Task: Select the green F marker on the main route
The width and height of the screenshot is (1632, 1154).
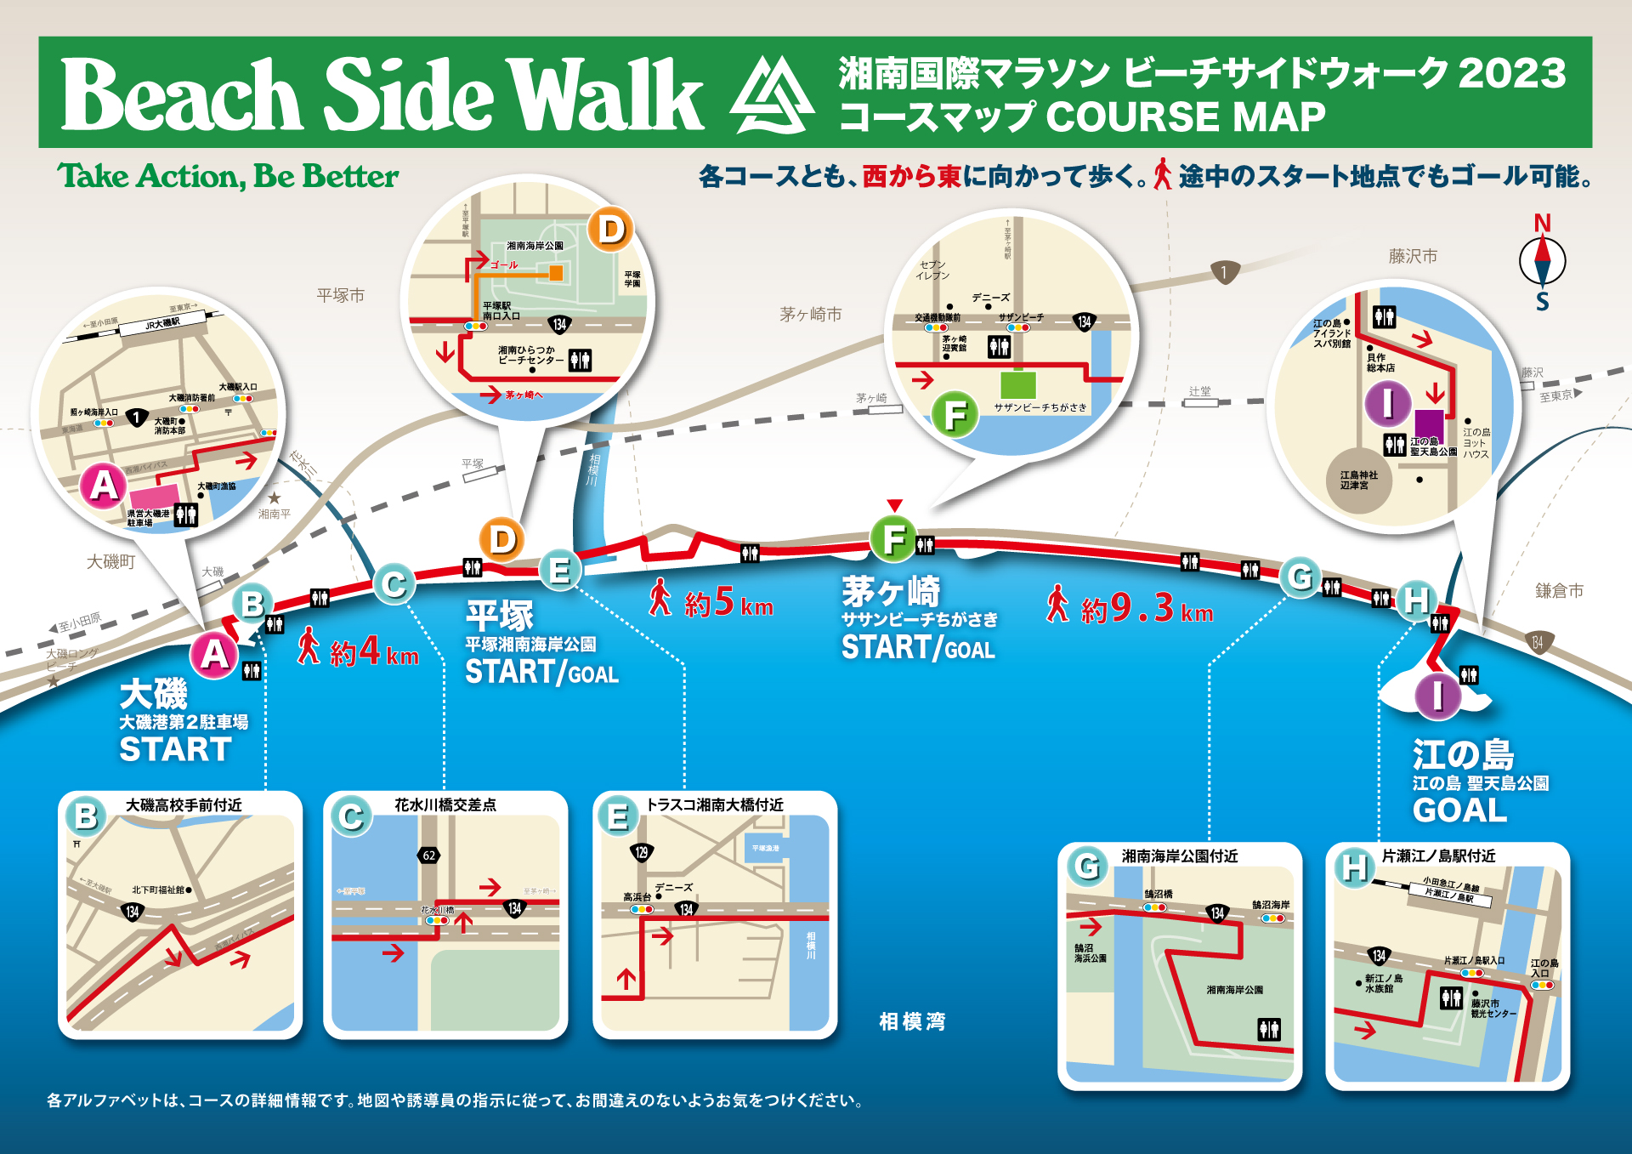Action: click(893, 539)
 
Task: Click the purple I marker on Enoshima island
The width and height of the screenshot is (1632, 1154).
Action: click(1437, 695)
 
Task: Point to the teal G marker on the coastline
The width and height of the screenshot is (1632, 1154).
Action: click(1300, 577)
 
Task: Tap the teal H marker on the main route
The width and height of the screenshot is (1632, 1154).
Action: click(1415, 600)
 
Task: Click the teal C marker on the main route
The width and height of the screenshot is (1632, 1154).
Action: click(394, 584)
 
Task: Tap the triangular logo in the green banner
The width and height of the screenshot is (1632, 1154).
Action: click(772, 95)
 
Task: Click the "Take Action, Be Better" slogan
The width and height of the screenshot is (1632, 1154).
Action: click(228, 176)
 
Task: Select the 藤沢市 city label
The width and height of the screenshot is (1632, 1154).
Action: click(1413, 256)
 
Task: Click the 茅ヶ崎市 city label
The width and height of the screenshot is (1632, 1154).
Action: click(810, 315)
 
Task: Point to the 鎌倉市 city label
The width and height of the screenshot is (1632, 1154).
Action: click(1559, 591)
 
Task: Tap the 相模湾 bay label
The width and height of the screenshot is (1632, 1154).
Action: click(912, 1021)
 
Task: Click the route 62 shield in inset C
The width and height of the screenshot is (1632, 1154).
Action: click(429, 856)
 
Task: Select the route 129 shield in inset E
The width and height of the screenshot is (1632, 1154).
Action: click(641, 852)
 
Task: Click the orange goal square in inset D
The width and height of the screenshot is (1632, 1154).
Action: click(556, 273)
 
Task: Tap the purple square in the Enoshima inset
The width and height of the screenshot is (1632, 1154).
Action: click(1429, 424)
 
